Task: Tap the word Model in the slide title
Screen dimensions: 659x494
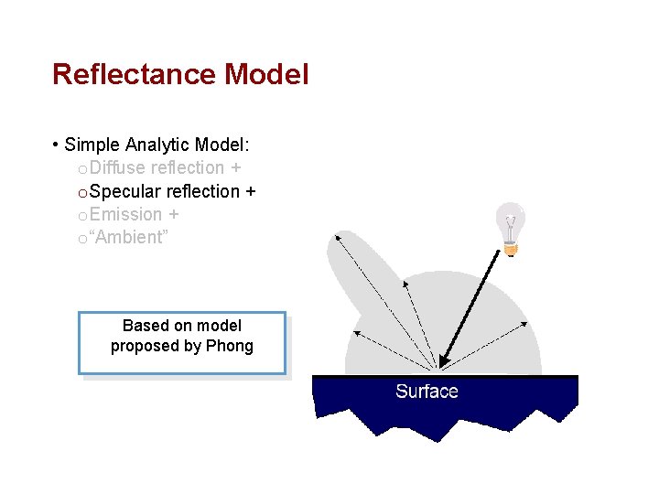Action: [266, 74]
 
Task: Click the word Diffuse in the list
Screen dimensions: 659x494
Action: [118, 167]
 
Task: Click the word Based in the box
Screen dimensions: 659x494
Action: [144, 326]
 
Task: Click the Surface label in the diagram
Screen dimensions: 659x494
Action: [427, 392]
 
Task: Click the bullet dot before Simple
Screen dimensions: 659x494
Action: [57, 145]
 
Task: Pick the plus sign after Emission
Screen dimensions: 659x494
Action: [173, 215]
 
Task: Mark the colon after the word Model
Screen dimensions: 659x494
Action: [248, 145]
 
